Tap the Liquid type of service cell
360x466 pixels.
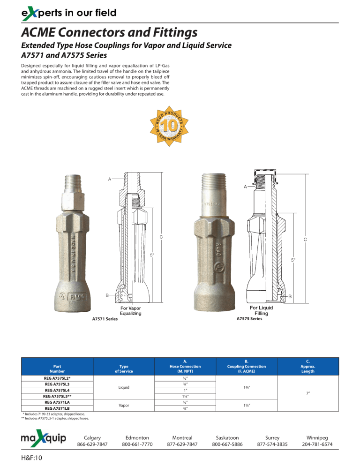(124, 387)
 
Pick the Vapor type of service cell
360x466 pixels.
(124, 404)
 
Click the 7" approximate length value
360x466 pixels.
(307, 394)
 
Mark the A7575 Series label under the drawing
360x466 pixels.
(250, 319)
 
